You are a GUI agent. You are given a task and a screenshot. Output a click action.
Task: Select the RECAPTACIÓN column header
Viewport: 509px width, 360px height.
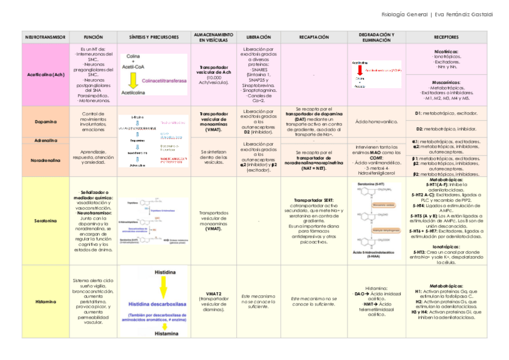pyautogui.click(x=314, y=37)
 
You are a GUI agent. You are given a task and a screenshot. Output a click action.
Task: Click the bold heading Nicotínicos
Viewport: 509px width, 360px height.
pyautogui.click(x=446, y=52)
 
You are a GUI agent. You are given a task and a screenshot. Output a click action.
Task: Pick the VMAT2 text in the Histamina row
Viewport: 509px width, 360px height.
pyautogui.click(x=213, y=293)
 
